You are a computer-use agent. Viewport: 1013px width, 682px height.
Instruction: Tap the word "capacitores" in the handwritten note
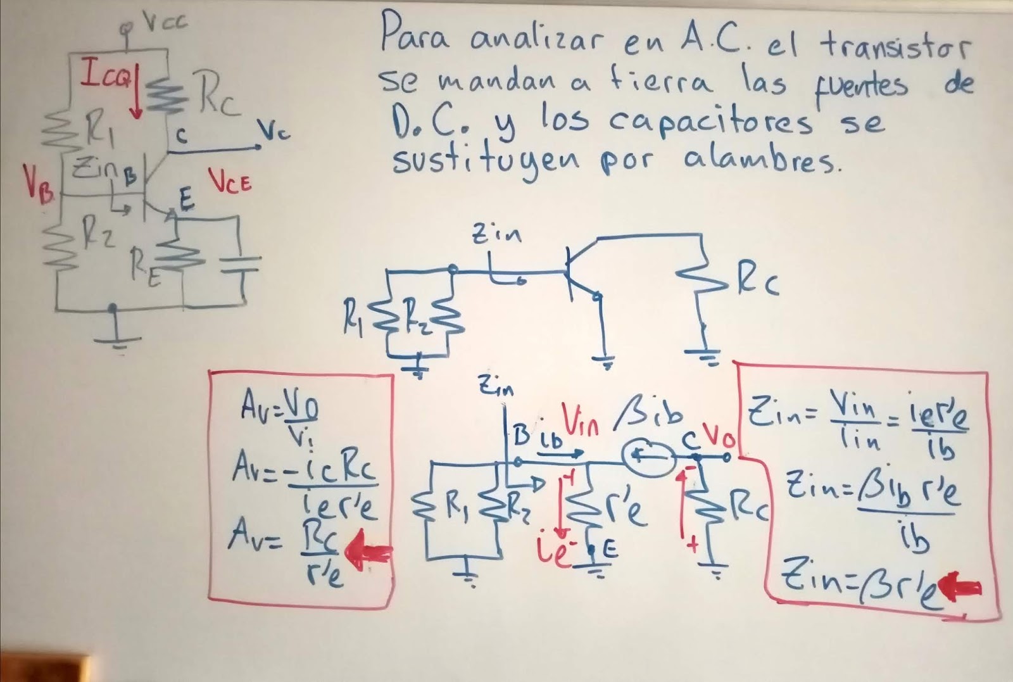(710, 122)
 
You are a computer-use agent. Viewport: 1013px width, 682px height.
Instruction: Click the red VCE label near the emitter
(230, 182)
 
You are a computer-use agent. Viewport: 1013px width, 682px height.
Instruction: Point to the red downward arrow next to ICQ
(135, 95)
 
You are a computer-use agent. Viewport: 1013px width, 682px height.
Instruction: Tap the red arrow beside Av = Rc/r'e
(371, 554)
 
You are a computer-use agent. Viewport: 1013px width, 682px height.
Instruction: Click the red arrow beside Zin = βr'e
(962, 588)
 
